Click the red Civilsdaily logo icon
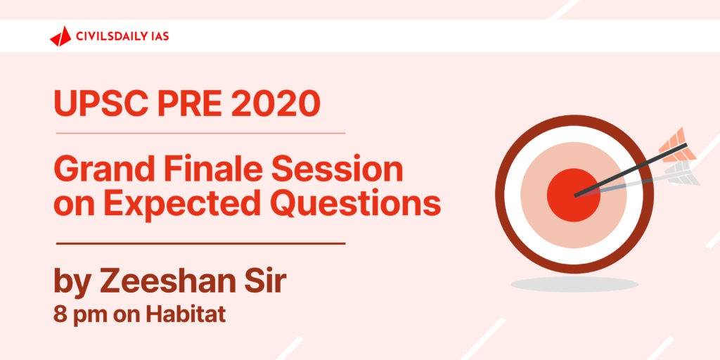click(60, 37)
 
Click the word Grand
click(102, 169)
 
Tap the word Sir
click(271, 281)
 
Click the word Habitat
click(186, 314)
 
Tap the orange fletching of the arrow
click(674, 144)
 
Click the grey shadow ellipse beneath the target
click(574, 284)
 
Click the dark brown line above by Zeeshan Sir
click(200, 243)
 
